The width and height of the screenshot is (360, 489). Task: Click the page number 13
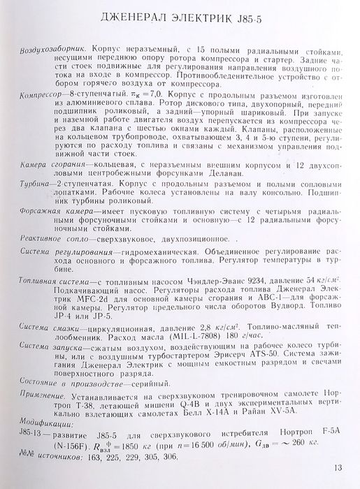[338, 468]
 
